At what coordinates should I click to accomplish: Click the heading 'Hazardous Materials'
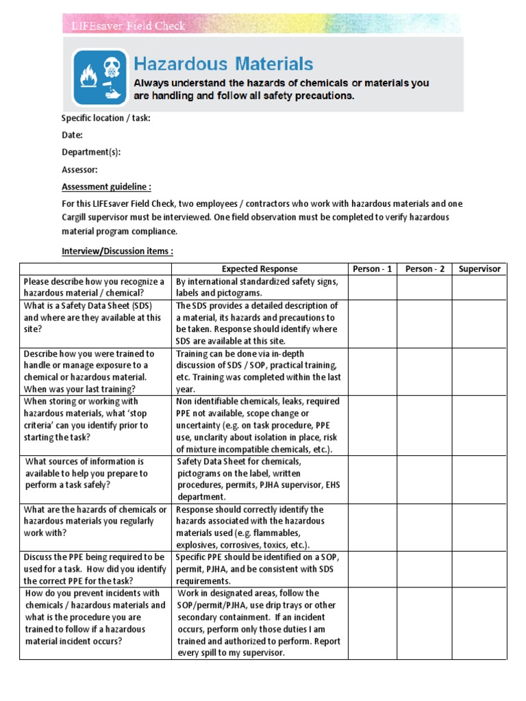coord(223,64)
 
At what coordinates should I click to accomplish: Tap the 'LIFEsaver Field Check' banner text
coord(129,26)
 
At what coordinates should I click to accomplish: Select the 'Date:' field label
coord(72,135)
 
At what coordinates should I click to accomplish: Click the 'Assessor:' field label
coord(79,169)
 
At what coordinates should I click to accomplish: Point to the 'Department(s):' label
coord(91,152)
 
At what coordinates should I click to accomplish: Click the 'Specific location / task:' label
coord(106,118)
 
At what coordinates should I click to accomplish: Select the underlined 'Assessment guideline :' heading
coord(106,186)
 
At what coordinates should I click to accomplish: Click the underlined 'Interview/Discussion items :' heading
coord(117,251)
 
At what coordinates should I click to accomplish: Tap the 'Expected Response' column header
coord(260,269)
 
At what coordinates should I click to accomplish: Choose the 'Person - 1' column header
coord(372,269)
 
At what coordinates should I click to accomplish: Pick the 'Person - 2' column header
coord(425,269)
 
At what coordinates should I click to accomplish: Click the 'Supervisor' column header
coord(479,269)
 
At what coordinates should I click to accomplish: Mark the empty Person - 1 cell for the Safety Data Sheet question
coord(372,324)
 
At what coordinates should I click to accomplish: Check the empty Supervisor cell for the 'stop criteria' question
coord(479,425)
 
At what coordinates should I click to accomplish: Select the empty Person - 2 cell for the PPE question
coord(425,569)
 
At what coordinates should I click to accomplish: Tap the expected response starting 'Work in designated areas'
coord(259,622)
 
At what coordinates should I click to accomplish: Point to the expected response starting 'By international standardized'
coord(259,288)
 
